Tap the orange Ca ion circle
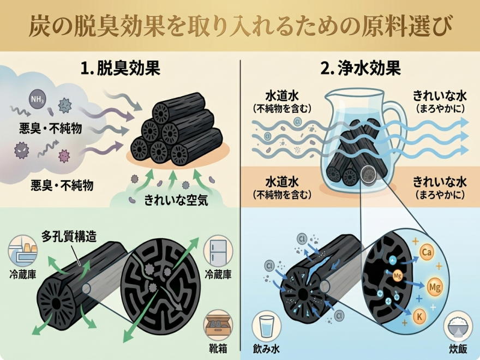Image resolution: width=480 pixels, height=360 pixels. tap(428, 252)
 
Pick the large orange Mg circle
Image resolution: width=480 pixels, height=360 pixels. tap(435, 286)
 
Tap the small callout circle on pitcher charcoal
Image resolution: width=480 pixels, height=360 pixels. tap(369, 175)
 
